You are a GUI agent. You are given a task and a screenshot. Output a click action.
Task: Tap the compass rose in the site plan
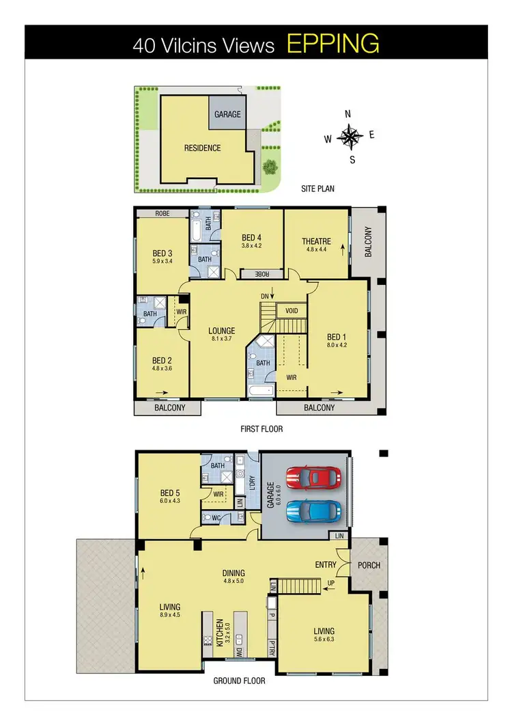click(351, 137)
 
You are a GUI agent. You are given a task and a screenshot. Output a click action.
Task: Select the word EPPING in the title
click(332, 44)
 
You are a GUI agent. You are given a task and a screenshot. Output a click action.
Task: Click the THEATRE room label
click(316, 241)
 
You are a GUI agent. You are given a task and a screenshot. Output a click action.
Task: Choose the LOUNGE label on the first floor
click(222, 331)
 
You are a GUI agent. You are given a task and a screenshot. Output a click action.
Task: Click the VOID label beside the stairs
click(291, 311)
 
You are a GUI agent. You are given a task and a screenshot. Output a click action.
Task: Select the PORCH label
click(369, 566)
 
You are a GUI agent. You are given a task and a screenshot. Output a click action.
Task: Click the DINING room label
click(233, 573)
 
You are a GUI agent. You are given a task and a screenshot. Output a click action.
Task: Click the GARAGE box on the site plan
click(227, 114)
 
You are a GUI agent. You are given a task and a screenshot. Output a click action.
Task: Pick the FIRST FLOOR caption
click(261, 429)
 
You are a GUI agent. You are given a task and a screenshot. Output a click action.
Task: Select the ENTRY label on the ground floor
click(325, 565)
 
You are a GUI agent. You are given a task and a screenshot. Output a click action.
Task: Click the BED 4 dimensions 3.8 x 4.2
click(252, 245)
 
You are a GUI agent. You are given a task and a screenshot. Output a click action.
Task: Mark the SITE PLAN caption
click(317, 188)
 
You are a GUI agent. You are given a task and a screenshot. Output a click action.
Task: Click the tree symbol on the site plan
click(270, 165)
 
